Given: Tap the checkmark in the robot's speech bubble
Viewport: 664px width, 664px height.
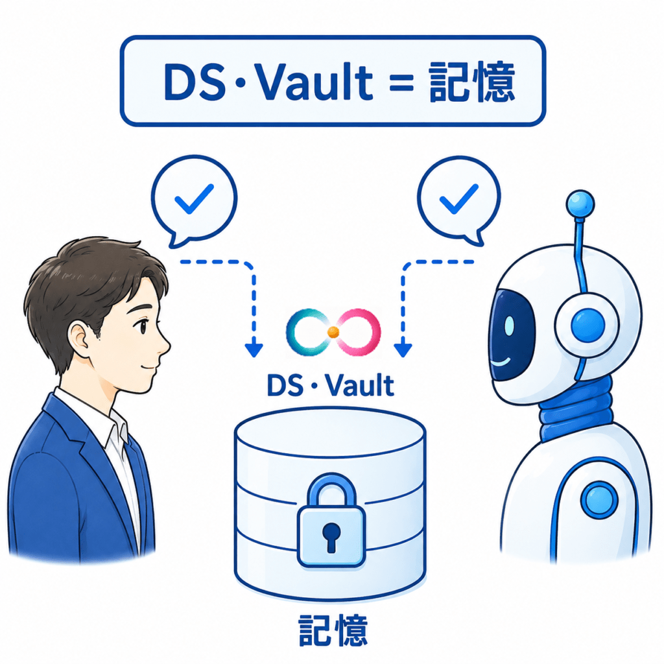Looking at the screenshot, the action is point(459,198).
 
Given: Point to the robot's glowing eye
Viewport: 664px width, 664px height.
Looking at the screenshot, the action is point(509,326).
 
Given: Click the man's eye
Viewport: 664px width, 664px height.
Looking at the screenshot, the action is point(143,326).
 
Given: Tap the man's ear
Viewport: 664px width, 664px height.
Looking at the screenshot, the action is point(79,338).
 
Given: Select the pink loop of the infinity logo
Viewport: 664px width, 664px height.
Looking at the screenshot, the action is point(358,331).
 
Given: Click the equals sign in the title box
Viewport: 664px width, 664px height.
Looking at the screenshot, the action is point(401,82).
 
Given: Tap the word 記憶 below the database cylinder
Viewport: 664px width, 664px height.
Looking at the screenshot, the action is point(333,630).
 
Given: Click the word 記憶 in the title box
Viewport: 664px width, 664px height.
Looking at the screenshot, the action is point(472,82).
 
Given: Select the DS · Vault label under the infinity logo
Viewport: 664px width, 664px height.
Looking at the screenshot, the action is point(331,385).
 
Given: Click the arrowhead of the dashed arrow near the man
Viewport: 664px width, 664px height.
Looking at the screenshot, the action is point(254,350).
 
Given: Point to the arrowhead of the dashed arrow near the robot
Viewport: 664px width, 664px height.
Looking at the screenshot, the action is point(403,350).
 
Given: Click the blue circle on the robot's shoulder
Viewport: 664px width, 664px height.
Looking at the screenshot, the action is point(600,500).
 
